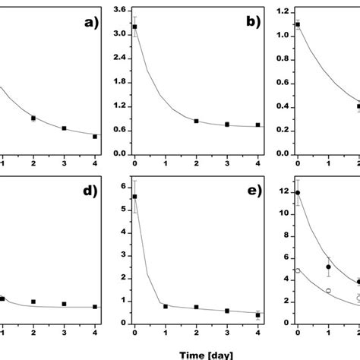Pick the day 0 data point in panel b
tap(135, 27)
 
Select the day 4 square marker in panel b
tap(258, 125)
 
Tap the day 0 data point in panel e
tap(135, 196)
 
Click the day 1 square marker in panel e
tap(166, 306)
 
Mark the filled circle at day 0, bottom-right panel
tap(298, 193)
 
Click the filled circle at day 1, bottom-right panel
tap(328, 267)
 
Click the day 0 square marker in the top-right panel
tap(298, 24)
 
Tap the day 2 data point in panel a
tap(33, 118)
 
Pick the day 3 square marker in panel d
tap(64, 304)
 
